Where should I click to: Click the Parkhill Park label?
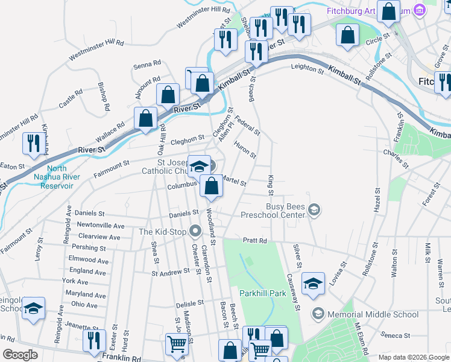click(262, 293)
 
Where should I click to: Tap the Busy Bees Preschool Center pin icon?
click(314, 209)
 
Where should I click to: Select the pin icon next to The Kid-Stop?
click(195, 231)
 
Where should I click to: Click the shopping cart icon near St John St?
click(177, 344)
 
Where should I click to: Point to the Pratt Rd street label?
click(254, 240)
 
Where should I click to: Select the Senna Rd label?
click(147, 63)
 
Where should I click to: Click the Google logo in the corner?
click(19, 355)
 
